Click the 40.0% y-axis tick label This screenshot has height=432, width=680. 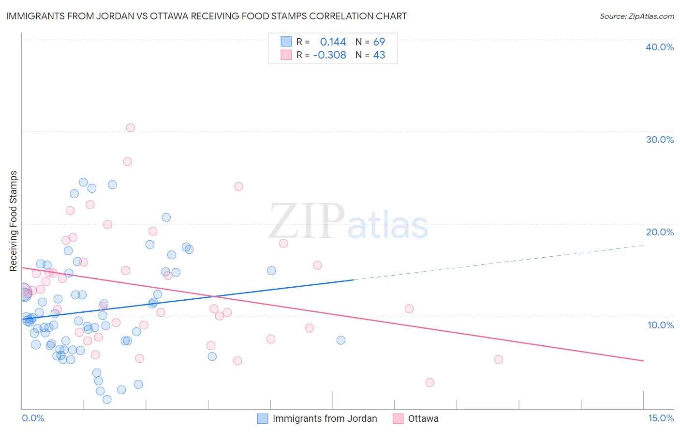[660, 47]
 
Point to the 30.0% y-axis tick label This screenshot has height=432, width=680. [660, 139]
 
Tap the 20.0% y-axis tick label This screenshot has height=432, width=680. [660, 232]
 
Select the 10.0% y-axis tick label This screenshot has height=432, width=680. [661, 325]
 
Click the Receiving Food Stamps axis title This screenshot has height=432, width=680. [14, 220]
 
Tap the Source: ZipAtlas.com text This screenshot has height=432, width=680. [636, 16]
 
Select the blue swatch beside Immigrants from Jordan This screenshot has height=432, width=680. [263, 419]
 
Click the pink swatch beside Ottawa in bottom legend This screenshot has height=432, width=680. [398, 419]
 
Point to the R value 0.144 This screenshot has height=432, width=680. [333, 42]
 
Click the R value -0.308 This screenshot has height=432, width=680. [330, 55]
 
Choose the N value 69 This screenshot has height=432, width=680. [379, 42]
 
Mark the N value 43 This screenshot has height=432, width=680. [379, 55]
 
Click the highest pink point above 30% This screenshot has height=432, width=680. [131, 128]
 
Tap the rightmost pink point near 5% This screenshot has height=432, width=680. [499, 359]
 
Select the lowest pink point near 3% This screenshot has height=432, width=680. [429, 383]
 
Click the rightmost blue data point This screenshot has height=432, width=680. [341, 340]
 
